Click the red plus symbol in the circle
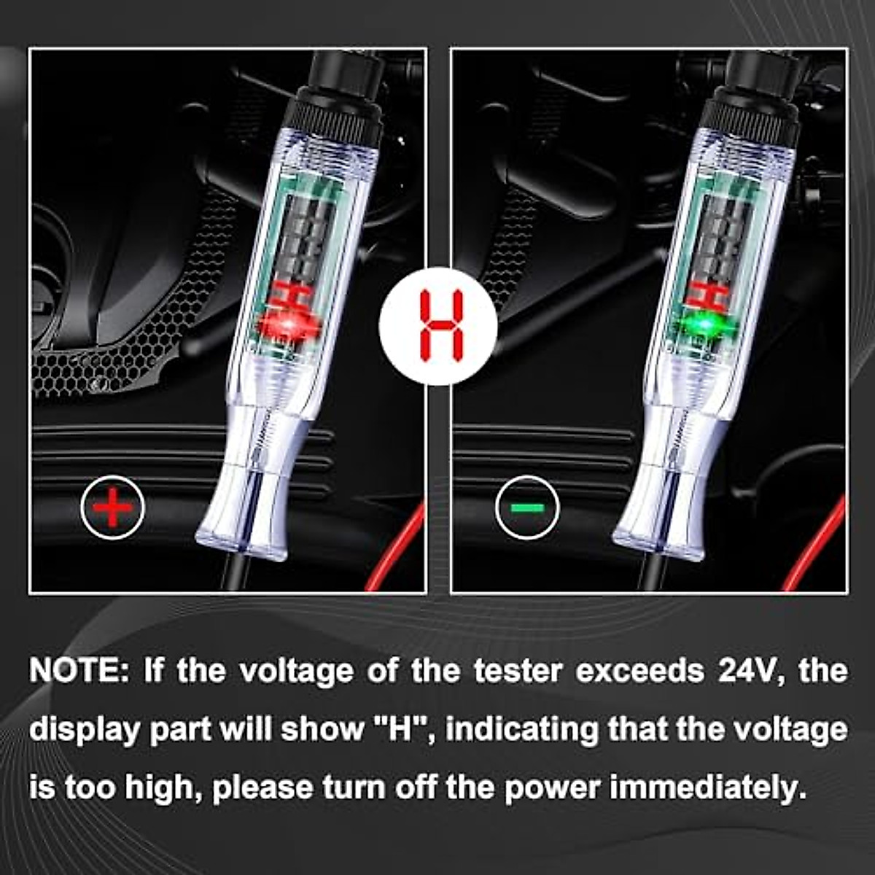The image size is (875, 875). [112, 507]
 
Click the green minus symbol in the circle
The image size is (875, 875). [526, 507]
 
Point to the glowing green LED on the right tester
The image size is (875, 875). [701, 325]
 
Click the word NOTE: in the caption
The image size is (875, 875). [79, 671]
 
